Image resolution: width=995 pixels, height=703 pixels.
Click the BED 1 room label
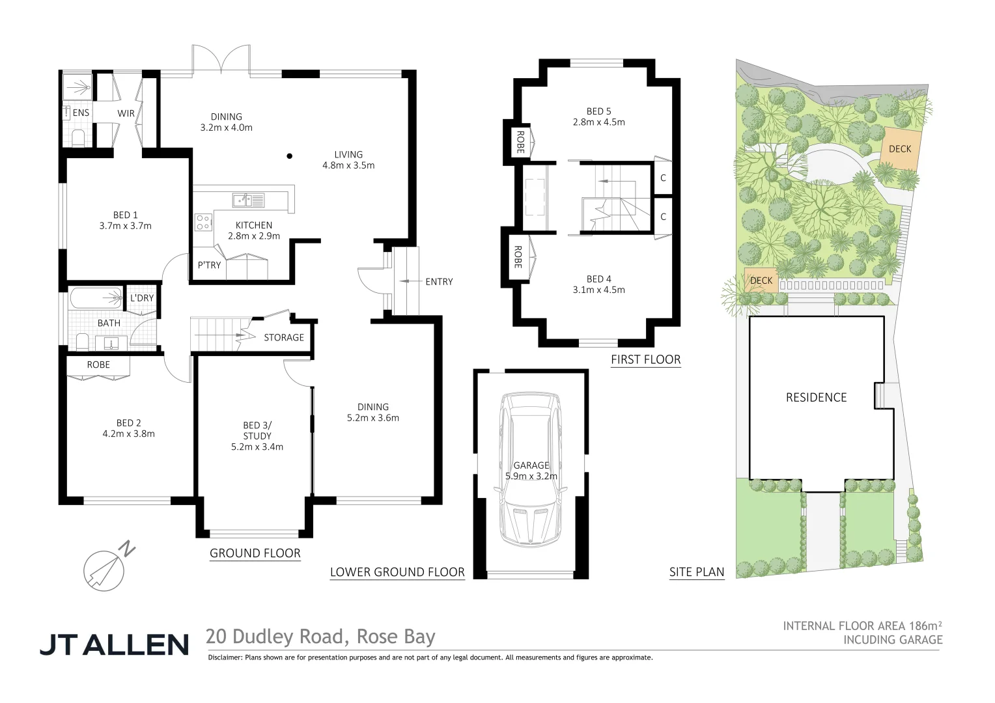pyautogui.click(x=125, y=215)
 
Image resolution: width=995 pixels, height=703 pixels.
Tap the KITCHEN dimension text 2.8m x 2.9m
pyautogui.click(x=254, y=236)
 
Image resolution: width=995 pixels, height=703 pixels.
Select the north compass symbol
pyautogui.click(x=105, y=569)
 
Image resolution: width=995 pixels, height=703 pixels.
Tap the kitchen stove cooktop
pyautogui.click(x=203, y=222)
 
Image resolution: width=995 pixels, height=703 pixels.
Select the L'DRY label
pyautogui.click(x=142, y=298)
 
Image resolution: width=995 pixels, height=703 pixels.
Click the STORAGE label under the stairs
pyautogui.click(x=284, y=337)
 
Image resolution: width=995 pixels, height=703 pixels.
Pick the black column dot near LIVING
pyautogui.click(x=290, y=156)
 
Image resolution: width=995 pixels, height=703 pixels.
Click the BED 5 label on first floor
pyautogui.click(x=598, y=111)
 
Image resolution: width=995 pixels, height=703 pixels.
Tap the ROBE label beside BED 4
pyautogui.click(x=518, y=257)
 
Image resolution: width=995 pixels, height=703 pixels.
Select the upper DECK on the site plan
pyautogui.click(x=900, y=149)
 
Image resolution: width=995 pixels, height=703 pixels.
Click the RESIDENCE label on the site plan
pyautogui.click(x=816, y=398)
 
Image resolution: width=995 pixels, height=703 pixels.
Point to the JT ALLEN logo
pyautogui.click(x=114, y=644)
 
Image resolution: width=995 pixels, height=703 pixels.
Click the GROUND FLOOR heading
pyautogui.click(x=255, y=553)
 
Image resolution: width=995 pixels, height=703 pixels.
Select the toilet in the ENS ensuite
pyautogui.click(x=77, y=137)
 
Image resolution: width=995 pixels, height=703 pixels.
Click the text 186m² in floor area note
pyautogui.click(x=924, y=626)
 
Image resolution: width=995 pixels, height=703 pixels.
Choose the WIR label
pyautogui.click(x=126, y=113)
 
